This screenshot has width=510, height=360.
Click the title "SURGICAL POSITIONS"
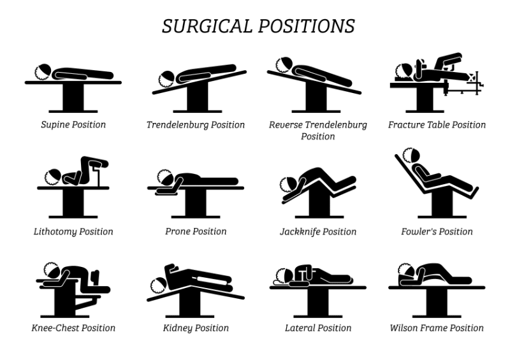(x=258, y=26)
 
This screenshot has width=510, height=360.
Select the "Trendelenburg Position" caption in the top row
(x=196, y=124)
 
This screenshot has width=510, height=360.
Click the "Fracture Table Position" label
(x=437, y=124)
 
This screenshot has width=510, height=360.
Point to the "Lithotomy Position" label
(x=73, y=231)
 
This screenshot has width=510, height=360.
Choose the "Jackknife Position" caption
(x=318, y=231)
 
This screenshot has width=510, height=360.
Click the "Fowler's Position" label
(x=437, y=231)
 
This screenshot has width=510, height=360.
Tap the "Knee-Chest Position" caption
(x=73, y=328)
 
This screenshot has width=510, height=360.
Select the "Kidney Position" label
(x=196, y=328)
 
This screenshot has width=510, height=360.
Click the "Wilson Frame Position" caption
(x=437, y=328)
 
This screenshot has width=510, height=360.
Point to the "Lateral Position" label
(x=318, y=328)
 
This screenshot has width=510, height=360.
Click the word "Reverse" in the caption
(x=286, y=125)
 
